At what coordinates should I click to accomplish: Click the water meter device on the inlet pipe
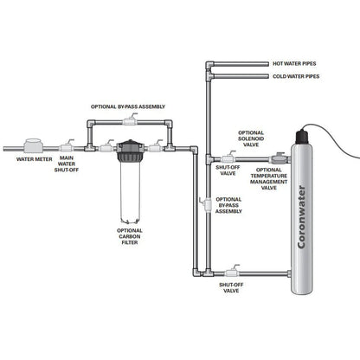click(x=37, y=144)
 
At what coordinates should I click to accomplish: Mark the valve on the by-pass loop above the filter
click(x=131, y=121)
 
